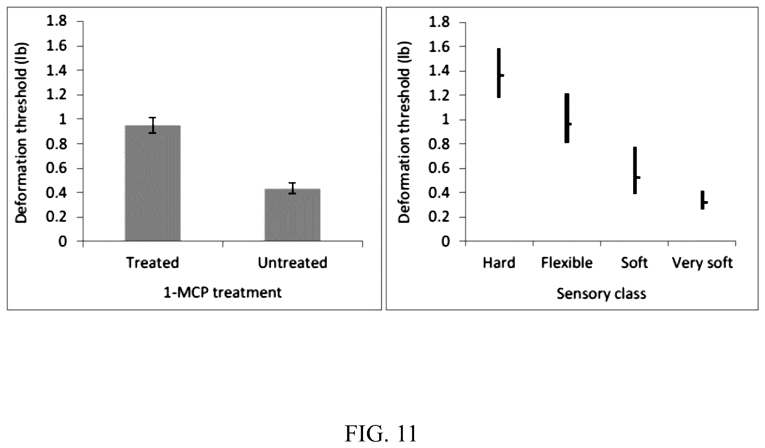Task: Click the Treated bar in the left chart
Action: coord(153,183)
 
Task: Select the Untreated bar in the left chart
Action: coord(293,215)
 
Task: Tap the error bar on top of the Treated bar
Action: coord(153,125)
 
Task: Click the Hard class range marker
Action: coord(499,73)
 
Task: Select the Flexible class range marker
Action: coord(567,118)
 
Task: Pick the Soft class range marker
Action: coord(635,170)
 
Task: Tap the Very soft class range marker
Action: coord(703,200)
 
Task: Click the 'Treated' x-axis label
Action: coord(153,263)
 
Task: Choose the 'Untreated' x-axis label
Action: coord(293,263)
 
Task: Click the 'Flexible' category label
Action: coord(567,263)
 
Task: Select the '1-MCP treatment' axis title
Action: coord(223,293)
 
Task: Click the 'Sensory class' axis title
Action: coord(602,294)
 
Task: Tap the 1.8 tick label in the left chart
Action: coord(56,22)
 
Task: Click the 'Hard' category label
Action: coord(499,263)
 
